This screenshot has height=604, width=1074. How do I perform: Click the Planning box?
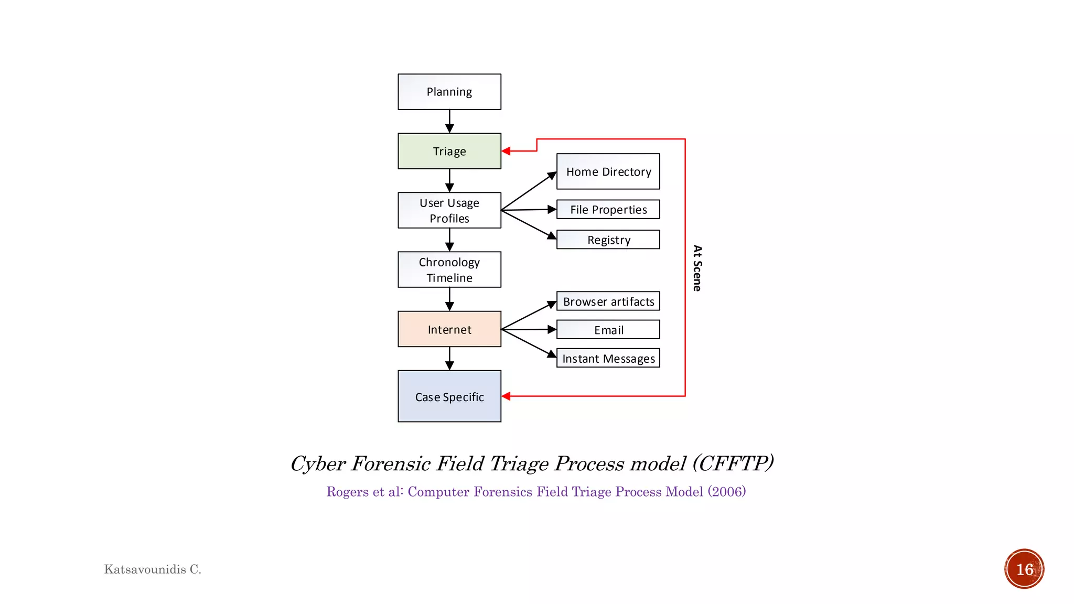pos(449,92)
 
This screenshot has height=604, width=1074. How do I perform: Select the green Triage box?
pos(449,151)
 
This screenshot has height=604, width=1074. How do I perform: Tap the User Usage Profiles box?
pos(449,210)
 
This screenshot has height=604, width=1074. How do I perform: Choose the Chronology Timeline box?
pos(449,269)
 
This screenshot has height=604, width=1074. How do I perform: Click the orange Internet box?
pos(449,329)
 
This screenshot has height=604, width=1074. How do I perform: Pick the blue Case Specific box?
pos(449,396)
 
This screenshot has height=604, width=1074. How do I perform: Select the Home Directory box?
pos(608,171)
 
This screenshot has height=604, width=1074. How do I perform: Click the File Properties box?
pos(608,209)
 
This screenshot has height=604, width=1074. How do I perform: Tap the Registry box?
pos(608,240)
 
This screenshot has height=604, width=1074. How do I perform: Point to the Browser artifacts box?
pos(608,301)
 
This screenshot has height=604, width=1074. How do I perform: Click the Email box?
pos(608,330)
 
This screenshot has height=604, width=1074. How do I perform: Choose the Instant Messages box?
pos(608,358)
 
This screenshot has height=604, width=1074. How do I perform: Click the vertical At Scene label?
pos(697,268)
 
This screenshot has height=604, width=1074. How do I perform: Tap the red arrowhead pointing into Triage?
pos(506,151)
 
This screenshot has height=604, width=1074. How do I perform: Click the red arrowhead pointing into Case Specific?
pos(506,396)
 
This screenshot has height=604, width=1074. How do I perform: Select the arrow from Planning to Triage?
pos(449,121)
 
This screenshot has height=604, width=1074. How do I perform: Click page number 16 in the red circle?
pos(1024,569)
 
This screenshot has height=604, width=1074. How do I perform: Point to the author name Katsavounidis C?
pos(153,569)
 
